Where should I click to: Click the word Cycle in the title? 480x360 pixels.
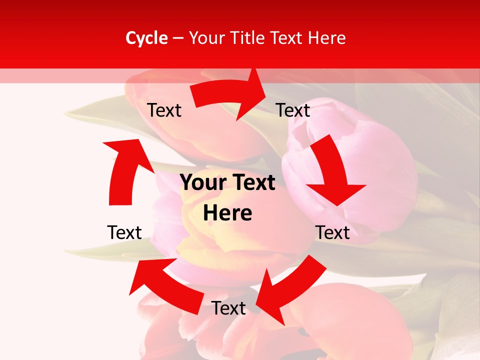146,38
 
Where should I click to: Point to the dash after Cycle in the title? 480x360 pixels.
178,38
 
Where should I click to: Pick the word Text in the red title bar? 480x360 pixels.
287,38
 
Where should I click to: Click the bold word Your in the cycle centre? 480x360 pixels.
202,183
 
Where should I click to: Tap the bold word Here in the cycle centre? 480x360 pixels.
227,213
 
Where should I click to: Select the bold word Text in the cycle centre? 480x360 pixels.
252,183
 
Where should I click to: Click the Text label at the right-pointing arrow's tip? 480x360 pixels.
293,110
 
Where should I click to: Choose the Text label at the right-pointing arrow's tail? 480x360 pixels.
164,110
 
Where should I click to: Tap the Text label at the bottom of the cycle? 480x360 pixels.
228,308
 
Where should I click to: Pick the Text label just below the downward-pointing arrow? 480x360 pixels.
332,232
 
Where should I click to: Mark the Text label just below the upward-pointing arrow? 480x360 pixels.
124,232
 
